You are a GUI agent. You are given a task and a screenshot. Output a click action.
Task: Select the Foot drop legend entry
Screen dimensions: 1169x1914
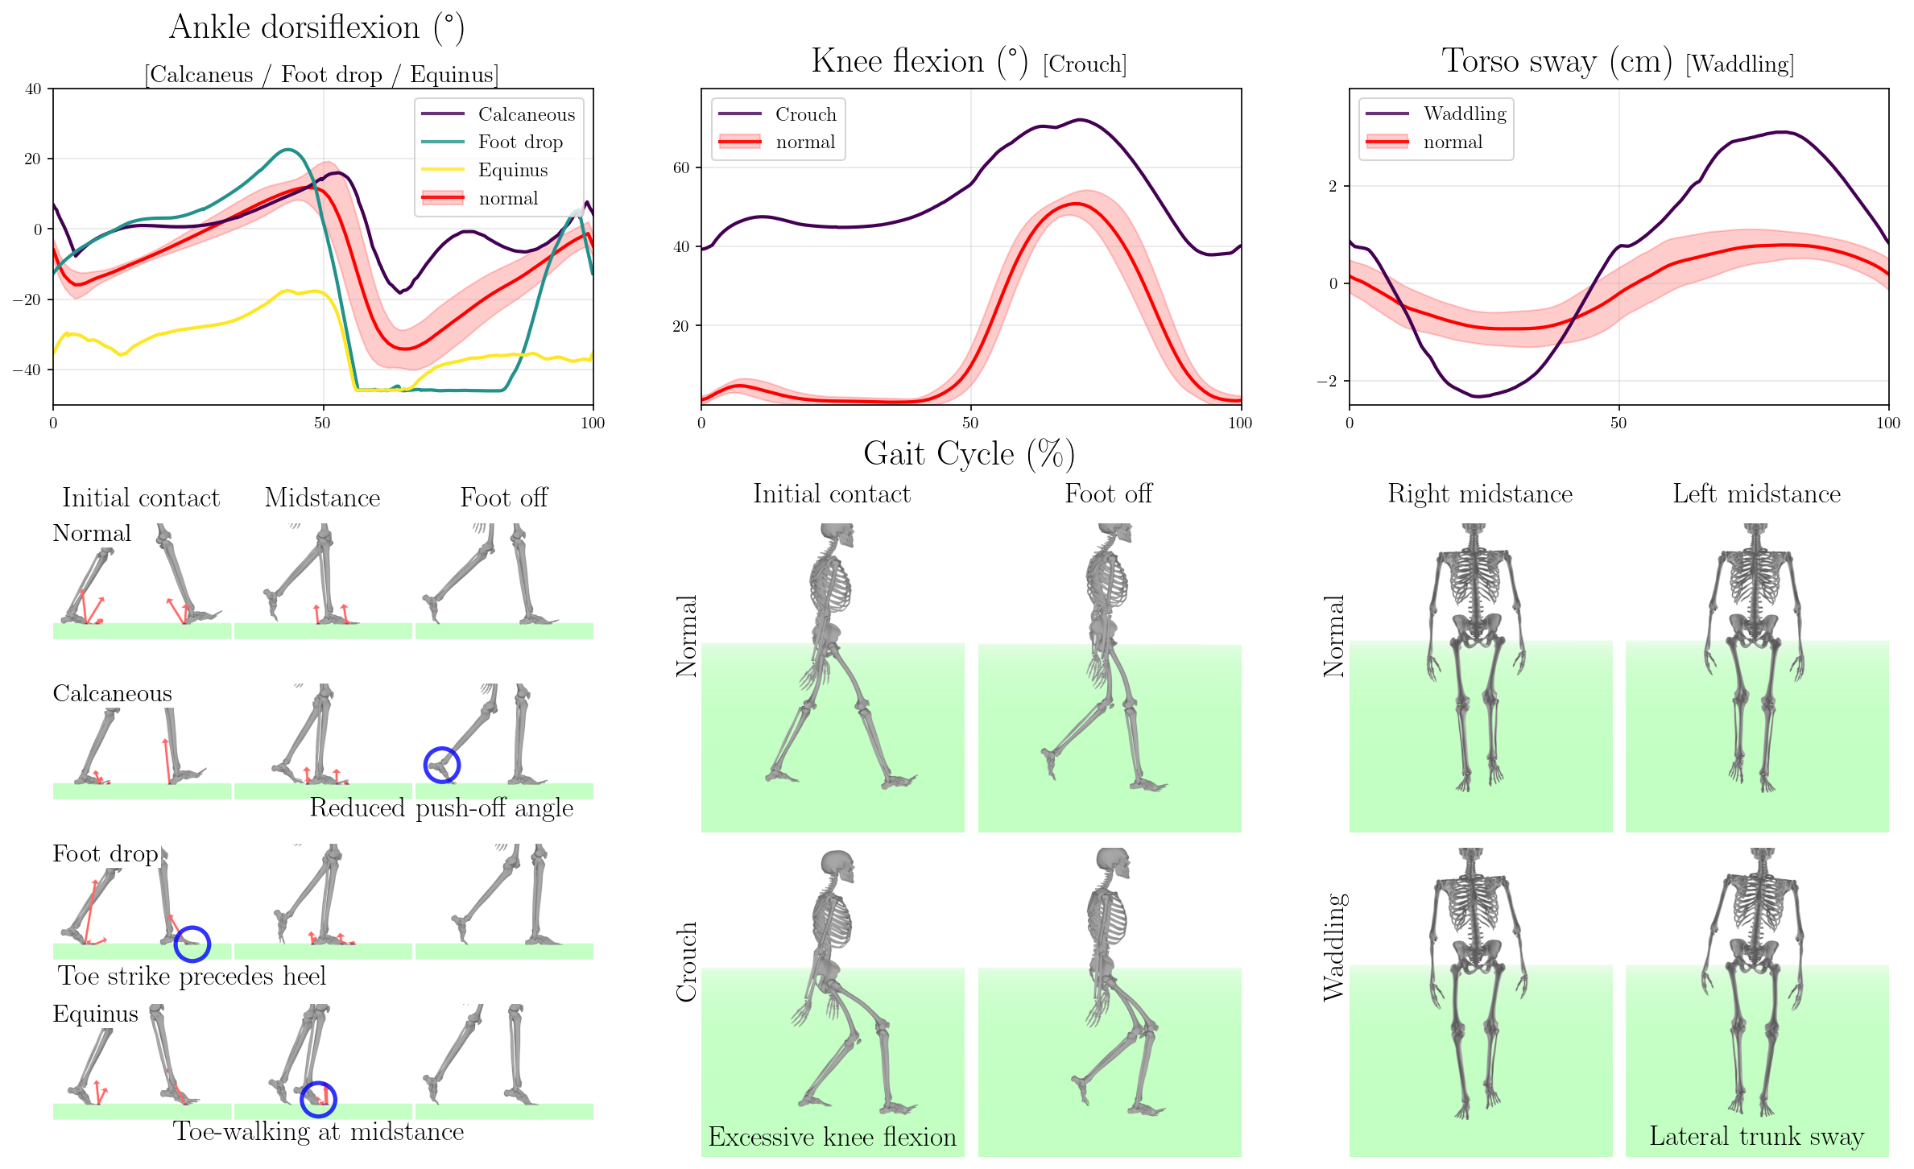[x=519, y=143]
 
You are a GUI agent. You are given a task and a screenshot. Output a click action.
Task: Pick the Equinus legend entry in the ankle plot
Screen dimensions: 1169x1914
[x=512, y=171]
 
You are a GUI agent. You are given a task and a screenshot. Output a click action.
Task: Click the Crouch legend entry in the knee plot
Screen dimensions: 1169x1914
[x=805, y=114]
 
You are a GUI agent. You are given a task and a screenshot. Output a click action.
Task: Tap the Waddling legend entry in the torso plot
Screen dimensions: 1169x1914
[x=1464, y=114]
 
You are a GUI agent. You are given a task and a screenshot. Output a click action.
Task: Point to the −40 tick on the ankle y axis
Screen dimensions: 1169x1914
[x=33, y=370]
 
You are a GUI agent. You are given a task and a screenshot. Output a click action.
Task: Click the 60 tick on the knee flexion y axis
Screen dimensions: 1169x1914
[x=682, y=167]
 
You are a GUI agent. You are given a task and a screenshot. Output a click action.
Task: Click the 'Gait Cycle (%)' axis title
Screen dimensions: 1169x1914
[x=969, y=454]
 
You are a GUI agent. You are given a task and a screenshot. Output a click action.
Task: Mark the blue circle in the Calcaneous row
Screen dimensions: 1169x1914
[x=442, y=765]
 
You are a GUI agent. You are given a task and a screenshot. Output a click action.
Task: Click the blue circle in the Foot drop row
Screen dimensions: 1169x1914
[x=192, y=944]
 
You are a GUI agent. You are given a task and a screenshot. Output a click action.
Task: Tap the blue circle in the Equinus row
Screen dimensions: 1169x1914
[x=318, y=1099]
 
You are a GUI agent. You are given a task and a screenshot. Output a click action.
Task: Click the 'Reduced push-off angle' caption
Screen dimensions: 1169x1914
[x=441, y=808]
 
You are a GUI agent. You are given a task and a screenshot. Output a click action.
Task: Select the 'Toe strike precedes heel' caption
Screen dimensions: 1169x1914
[x=192, y=977]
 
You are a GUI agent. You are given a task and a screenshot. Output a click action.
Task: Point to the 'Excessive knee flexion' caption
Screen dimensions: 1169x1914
[x=832, y=1137]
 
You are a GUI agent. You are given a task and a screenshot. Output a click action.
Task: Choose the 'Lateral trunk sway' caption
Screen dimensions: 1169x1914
[x=1756, y=1136]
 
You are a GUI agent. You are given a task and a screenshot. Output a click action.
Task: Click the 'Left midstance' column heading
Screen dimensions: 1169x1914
[x=1756, y=494]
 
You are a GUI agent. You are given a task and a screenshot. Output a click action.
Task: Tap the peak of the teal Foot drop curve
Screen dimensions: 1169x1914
[x=287, y=150]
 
